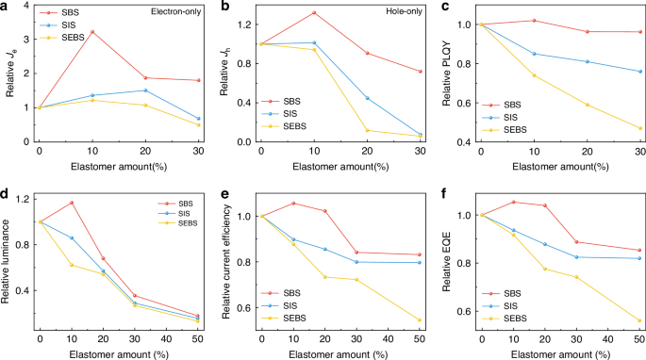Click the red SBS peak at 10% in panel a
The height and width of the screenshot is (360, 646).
point(91,32)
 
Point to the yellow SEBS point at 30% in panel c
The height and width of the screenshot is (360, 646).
point(640,128)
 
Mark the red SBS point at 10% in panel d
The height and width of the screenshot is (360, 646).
point(72,203)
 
